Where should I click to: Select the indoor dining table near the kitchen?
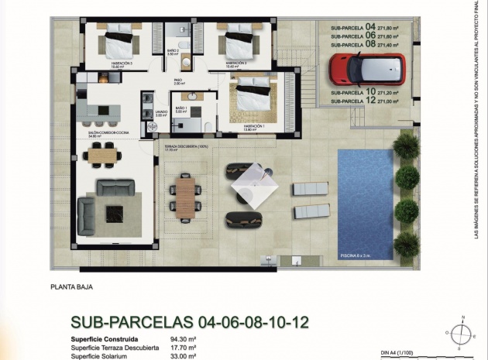point(105,156)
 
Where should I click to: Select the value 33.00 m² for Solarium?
point(181,356)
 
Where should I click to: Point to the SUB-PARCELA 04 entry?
point(364,26)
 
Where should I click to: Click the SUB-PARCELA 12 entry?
point(364,101)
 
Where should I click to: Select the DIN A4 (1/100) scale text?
point(400,351)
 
